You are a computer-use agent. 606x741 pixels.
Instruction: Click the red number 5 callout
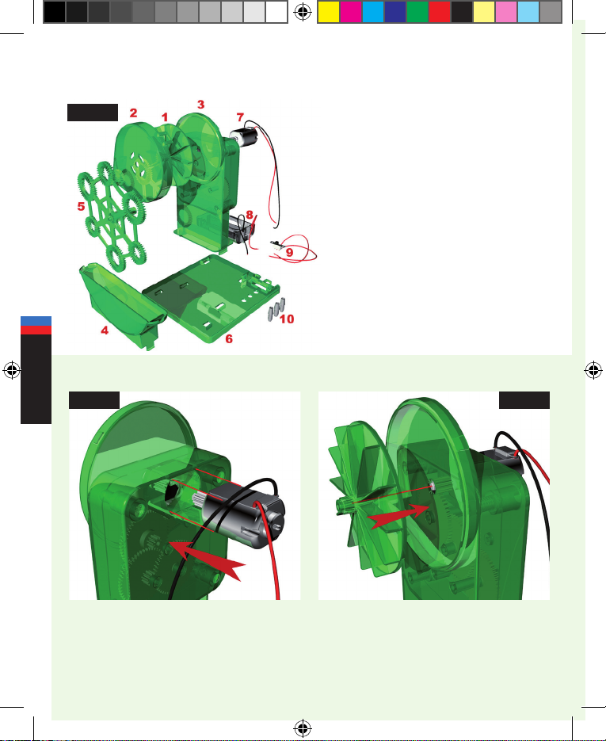pyautogui.click(x=82, y=207)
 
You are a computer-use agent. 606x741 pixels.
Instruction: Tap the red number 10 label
pyautogui.click(x=287, y=319)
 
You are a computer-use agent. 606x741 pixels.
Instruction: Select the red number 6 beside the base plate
pyautogui.click(x=229, y=339)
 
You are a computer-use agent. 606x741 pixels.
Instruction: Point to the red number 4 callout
pyautogui.click(x=105, y=330)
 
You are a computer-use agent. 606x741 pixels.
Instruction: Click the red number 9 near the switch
pyautogui.click(x=290, y=252)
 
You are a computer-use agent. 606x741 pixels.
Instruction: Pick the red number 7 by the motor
pyautogui.click(x=240, y=116)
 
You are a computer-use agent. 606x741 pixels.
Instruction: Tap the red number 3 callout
pyautogui.click(x=200, y=105)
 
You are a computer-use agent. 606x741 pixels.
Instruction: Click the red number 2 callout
pyautogui.click(x=134, y=113)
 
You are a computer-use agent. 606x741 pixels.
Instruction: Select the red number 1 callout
pyautogui.click(x=164, y=117)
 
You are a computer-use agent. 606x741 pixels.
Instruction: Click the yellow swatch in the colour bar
pyautogui.click(x=328, y=13)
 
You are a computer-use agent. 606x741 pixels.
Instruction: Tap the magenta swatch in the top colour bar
pyautogui.click(x=350, y=13)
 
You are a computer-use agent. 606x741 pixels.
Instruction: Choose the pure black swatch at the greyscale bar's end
pyautogui.click(x=55, y=13)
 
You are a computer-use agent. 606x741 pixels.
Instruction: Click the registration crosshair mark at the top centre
pyautogui.click(x=303, y=13)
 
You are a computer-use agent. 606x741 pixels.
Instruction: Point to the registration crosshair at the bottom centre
pyautogui.click(x=303, y=728)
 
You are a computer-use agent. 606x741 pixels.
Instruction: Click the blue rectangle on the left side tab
pyautogui.click(x=36, y=321)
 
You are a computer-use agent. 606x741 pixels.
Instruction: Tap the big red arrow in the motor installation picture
pyautogui.click(x=207, y=560)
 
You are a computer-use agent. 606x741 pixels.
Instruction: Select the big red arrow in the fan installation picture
pyautogui.click(x=398, y=516)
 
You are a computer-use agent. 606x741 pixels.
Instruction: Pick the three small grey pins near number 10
pyautogui.click(x=276, y=308)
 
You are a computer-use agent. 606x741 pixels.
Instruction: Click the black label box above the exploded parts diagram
pyautogui.click(x=93, y=113)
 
